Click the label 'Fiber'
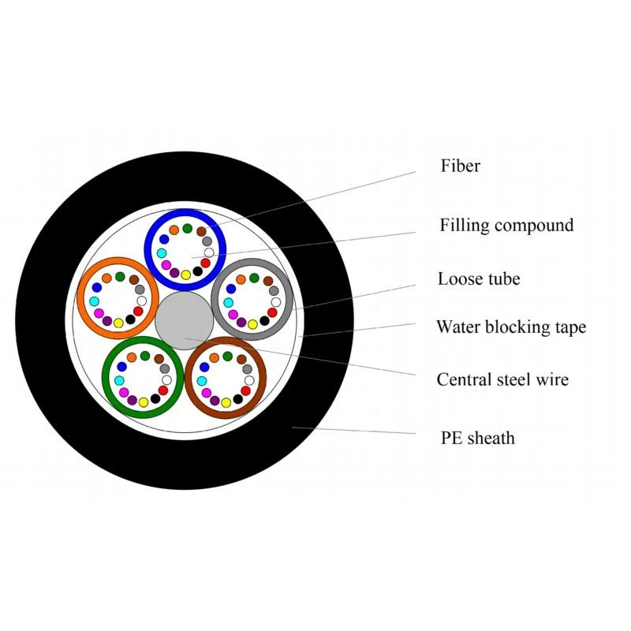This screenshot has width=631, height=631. point(461,166)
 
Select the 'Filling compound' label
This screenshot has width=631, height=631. point(506,225)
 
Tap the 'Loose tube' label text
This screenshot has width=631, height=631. point(479,278)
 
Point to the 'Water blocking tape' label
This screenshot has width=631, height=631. point(511,327)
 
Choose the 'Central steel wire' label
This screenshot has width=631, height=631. point(502,379)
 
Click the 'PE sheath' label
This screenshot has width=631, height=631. point(478,438)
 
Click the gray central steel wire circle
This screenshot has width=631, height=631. point(185,321)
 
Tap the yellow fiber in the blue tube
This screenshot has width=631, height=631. point(185,274)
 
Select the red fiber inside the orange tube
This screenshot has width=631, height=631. point(138,312)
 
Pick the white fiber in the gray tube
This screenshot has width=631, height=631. point(275,302)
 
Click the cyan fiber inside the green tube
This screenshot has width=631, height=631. point(119,380)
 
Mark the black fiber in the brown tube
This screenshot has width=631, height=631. point(238,399)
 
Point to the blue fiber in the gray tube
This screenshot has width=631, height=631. point(231,289)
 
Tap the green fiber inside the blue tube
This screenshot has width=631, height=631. point(187,228)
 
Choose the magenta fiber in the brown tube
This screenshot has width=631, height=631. point(206,393)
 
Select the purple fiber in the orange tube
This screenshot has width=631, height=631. point(107,321)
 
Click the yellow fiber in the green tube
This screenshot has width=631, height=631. point(144,402)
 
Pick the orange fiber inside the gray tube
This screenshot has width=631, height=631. point(241,280)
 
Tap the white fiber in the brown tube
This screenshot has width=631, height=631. point(249,380)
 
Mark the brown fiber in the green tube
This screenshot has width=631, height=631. point(159,359)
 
